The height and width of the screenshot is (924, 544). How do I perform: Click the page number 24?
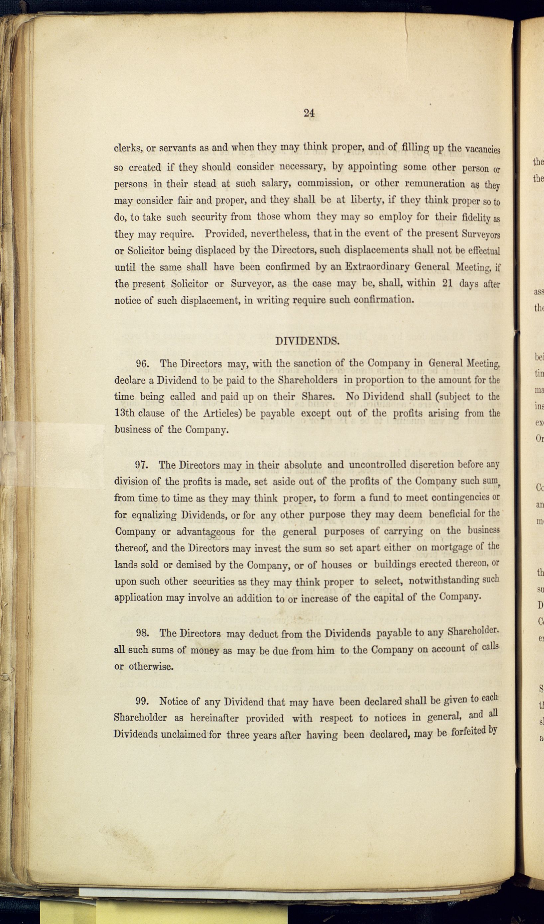coord(309,113)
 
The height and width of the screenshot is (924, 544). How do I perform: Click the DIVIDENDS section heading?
coord(307,341)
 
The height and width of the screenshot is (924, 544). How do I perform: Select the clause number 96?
coord(142,364)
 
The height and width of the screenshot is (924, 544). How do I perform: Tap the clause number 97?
coord(141,465)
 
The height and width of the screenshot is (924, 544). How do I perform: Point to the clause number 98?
coord(142,633)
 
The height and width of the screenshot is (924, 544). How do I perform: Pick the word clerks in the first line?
coord(128,148)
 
